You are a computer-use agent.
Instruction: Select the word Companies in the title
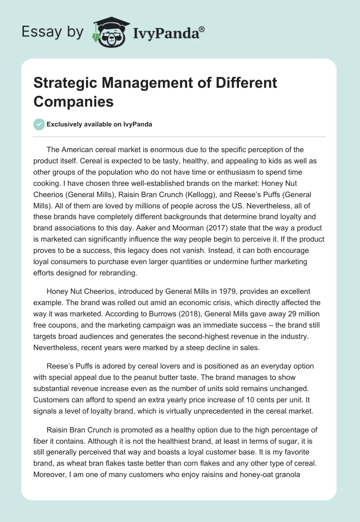click(73, 101)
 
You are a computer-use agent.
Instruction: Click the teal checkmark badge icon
click(39, 125)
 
